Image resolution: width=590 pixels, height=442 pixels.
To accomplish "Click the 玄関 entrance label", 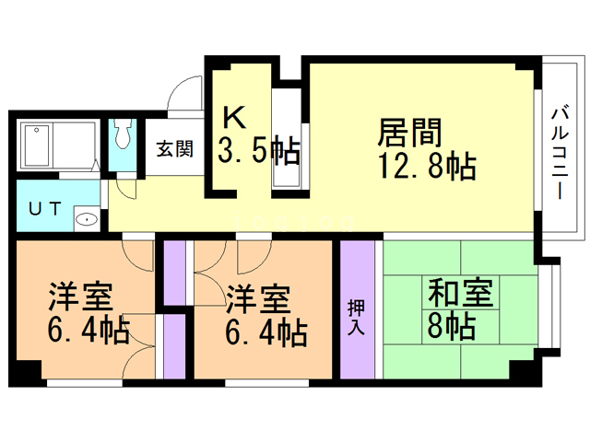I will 174,147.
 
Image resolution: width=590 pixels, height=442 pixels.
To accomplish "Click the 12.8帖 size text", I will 427,168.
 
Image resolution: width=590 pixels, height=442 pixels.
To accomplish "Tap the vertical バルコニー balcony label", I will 560,152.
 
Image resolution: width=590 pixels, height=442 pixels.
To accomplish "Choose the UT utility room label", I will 45,208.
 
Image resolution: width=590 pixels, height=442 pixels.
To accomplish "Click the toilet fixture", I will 123,139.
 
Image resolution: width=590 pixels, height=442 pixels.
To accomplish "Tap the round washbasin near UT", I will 86,219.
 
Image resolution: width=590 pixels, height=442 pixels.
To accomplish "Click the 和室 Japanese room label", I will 458,294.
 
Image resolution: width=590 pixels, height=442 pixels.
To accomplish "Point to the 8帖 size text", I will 451,327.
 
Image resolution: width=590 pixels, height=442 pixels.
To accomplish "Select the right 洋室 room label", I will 259,298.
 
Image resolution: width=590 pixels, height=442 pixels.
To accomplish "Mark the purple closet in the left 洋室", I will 171,347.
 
